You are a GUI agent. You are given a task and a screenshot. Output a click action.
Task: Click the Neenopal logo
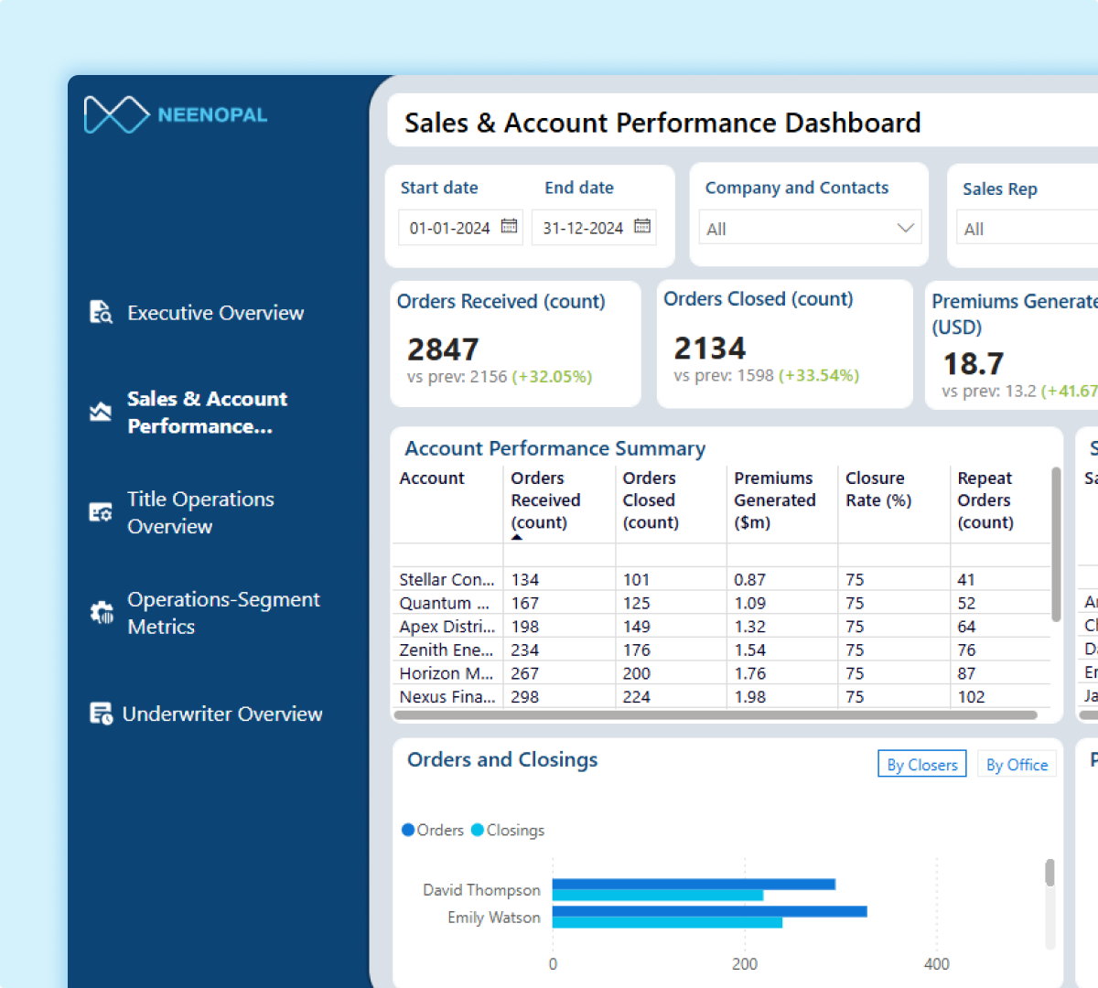175,114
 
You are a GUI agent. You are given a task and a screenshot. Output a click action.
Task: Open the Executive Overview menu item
215,313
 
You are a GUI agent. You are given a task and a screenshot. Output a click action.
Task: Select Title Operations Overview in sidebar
200,512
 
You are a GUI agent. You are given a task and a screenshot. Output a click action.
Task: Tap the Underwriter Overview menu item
221,714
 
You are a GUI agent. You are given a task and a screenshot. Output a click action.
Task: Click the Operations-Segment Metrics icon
101,612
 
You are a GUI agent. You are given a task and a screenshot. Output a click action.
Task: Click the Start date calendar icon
510,226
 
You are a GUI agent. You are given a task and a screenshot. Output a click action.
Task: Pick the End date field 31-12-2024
583,228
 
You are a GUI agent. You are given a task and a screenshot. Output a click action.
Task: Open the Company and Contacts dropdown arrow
905,228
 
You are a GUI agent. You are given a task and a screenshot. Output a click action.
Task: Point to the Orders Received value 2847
443,349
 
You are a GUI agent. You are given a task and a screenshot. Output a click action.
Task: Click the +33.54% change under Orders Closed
819,375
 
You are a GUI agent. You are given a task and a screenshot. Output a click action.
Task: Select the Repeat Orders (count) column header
985,499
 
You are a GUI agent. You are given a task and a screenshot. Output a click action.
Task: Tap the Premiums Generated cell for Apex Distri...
749,627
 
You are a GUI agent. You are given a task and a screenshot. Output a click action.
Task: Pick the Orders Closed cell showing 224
637,696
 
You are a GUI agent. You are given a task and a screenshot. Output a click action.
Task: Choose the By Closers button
922,765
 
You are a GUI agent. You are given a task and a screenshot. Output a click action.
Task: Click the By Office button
1017,765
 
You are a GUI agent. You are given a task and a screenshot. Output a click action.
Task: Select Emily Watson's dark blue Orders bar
709,911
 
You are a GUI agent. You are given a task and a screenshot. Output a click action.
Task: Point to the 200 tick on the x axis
745,963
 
